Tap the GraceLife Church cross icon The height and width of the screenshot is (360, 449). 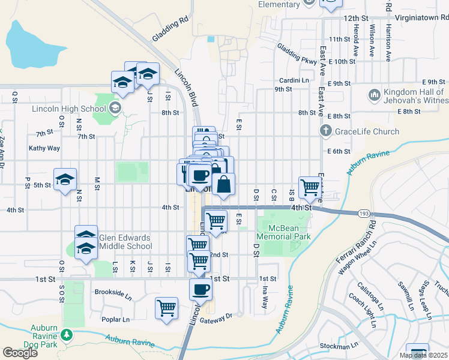click(325, 130)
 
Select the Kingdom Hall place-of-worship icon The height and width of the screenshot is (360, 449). click(374, 95)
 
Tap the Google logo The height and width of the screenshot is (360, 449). click(20, 353)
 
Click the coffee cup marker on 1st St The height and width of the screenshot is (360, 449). click(200, 289)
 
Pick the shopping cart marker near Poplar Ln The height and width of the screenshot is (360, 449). click(166, 308)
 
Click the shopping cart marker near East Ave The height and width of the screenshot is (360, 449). click(310, 187)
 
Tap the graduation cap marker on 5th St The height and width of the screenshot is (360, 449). click(65, 179)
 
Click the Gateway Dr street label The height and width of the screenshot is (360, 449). click(220, 316)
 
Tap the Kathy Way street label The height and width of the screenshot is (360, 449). click(44, 148)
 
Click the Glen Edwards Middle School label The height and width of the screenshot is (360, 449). click(124, 242)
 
